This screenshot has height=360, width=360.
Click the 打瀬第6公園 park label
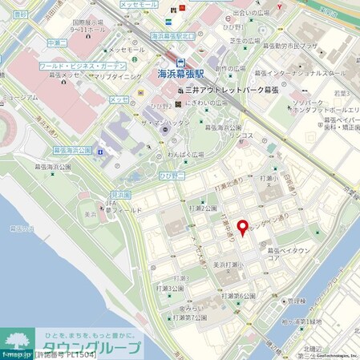click(244, 295)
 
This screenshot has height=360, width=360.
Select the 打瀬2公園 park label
click(204, 208)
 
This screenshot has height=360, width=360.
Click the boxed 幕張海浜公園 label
click(73, 150)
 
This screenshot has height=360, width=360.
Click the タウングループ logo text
click(100, 346)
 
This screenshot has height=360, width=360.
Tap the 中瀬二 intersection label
click(56, 42)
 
